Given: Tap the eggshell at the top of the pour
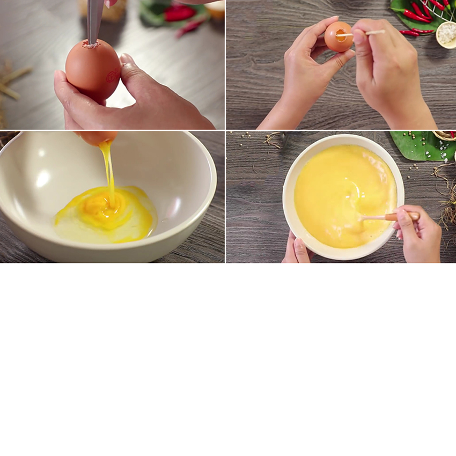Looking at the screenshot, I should point(97,137).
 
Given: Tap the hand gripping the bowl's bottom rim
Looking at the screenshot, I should point(298,249).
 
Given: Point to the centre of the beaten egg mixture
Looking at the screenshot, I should point(343,196).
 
